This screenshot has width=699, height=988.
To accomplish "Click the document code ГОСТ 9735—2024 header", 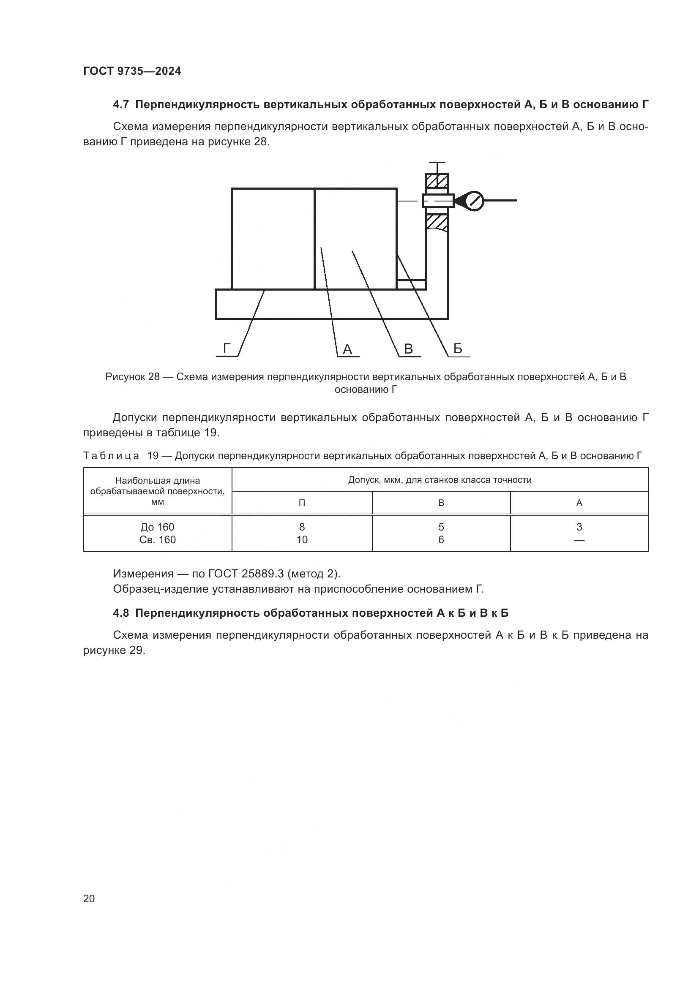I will (x=132, y=71).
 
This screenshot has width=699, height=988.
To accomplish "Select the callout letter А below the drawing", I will (x=347, y=349).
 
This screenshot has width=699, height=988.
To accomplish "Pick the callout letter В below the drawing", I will (x=409, y=349).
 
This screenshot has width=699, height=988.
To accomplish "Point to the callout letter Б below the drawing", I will (x=458, y=348).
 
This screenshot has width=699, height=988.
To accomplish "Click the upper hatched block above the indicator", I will (x=437, y=181).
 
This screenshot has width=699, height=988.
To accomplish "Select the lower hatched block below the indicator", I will (x=437, y=223).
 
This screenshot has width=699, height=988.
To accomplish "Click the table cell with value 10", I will (x=302, y=539).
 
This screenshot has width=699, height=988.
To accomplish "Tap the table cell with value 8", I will (x=302, y=527).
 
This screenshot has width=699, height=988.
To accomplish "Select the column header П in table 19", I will (x=302, y=503).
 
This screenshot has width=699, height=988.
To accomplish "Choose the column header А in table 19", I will (x=579, y=503).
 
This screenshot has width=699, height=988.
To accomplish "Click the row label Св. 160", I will (x=158, y=539).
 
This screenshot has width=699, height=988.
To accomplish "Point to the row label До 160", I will (x=158, y=527).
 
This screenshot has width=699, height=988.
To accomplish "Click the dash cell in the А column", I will (x=579, y=539).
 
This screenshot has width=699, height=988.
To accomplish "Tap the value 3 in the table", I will (x=579, y=527).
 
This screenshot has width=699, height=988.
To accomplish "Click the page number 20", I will (x=89, y=898).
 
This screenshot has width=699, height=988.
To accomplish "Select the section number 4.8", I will (x=121, y=613).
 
